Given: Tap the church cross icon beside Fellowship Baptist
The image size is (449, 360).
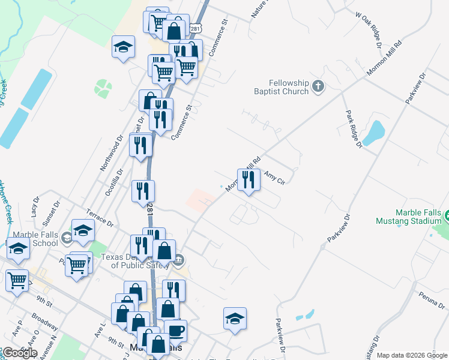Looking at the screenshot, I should (318, 88).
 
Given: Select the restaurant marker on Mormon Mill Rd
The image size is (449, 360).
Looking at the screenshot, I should (249, 179).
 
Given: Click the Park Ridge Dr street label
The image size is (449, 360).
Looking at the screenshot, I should (354, 128).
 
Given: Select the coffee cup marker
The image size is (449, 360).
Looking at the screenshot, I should (175, 331).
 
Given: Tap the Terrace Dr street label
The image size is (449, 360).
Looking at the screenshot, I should (100, 218).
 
